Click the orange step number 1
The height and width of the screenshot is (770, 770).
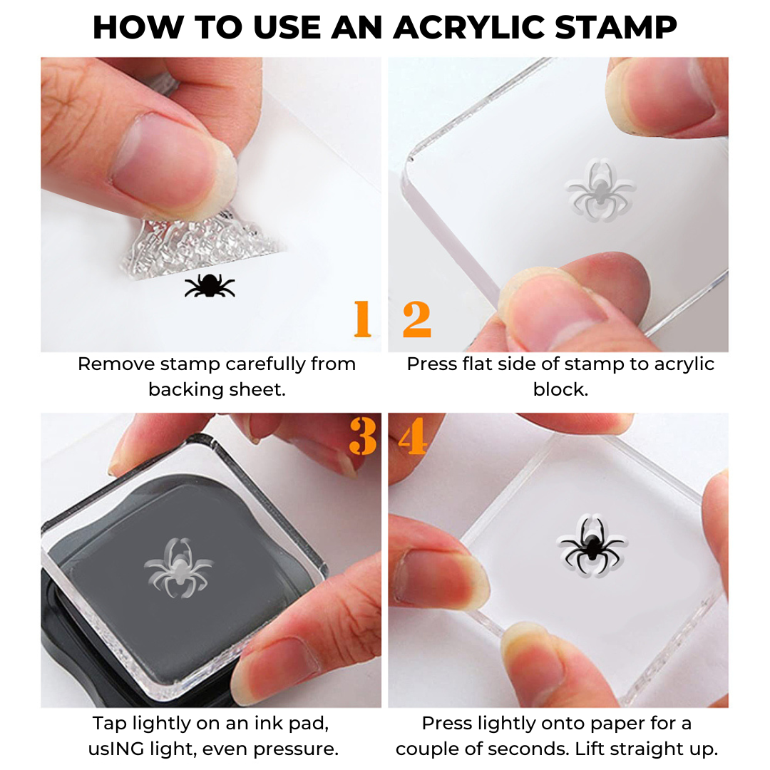[363, 318]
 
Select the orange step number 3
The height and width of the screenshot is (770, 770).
[363, 436]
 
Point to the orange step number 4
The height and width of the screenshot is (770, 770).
[413, 436]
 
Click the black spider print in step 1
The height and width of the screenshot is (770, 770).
[210, 284]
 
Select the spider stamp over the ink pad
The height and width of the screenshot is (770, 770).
[178, 568]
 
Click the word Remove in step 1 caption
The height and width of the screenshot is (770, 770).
[116, 364]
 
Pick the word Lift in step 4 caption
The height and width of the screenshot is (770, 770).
[642, 749]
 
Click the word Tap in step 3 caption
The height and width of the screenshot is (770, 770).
[107, 723]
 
